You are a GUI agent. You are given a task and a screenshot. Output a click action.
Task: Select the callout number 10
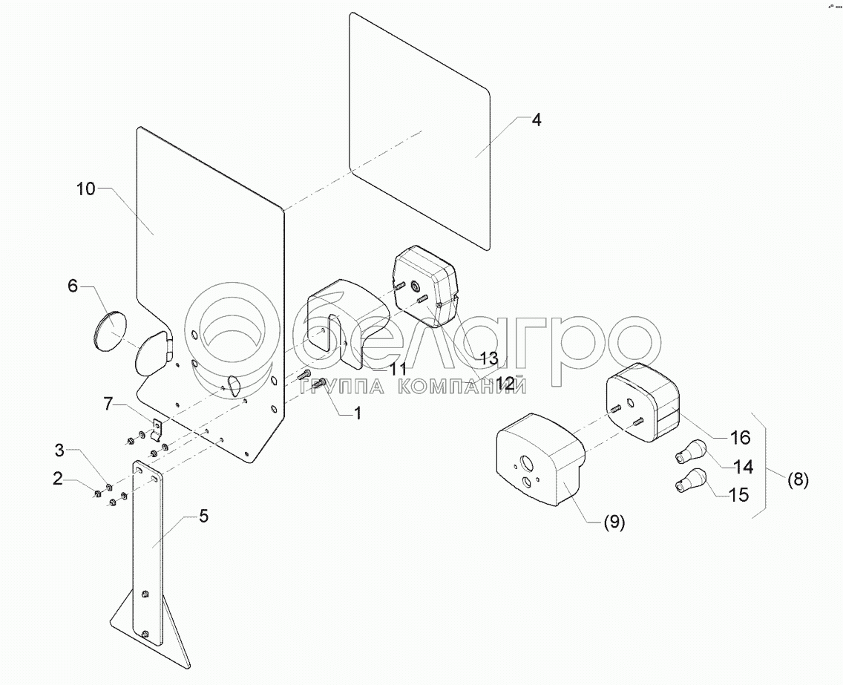[x=85, y=189]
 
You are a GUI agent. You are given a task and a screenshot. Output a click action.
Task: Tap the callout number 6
[x=73, y=286]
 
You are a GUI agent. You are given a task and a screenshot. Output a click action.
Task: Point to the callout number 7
[x=108, y=404]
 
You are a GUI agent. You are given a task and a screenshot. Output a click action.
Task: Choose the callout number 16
[x=740, y=437]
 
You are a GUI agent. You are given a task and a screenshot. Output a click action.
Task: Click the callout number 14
[x=742, y=467]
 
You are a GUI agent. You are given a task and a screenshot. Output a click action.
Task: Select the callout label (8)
[x=797, y=479]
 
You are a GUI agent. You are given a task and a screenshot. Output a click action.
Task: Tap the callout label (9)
[x=613, y=522]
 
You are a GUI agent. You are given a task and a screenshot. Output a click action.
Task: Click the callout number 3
[x=62, y=450]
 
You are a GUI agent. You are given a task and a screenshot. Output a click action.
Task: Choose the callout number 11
[x=398, y=369]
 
